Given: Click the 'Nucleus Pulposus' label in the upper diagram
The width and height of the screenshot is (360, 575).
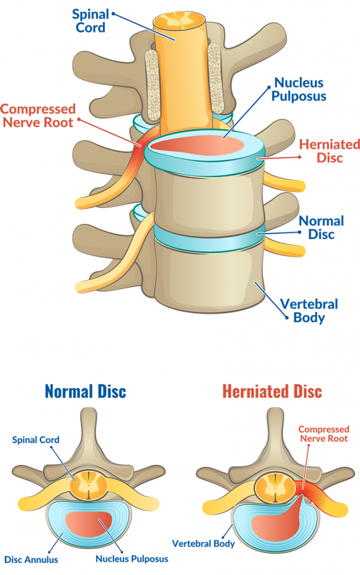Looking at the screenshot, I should click(x=299, y=89).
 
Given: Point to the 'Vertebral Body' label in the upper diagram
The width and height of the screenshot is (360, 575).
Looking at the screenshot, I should click(x=309, y=311).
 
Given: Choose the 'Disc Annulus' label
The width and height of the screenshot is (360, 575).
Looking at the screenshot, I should click(x=31, y=559).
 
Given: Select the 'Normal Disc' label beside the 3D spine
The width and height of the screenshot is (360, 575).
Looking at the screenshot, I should click(x=321, y=227).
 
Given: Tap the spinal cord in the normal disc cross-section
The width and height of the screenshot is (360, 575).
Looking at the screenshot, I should click(x=89, y=483).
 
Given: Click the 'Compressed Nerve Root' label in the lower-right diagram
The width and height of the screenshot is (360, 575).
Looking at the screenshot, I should click(x=323, y=434).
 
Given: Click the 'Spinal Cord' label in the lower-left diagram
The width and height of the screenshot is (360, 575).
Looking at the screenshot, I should click(x=35, y=440).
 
